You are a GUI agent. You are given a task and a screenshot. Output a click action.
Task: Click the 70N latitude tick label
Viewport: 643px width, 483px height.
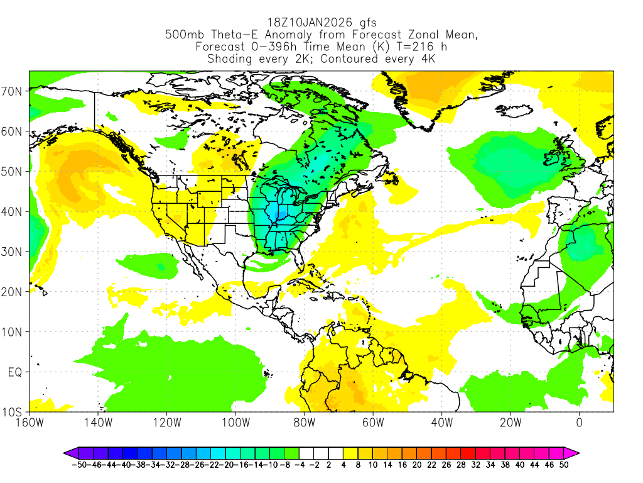[13, 91]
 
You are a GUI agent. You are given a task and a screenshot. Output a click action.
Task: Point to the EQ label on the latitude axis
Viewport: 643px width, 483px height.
[15, 372]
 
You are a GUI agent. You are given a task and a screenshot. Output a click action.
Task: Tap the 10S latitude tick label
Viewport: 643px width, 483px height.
[13, 412]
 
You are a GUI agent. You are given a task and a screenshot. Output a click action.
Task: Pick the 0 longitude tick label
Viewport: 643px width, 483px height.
[579, 423]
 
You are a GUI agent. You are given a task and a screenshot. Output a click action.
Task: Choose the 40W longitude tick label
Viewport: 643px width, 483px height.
[441, 423]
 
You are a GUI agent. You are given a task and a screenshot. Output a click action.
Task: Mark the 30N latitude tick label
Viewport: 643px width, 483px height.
[13, 252]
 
